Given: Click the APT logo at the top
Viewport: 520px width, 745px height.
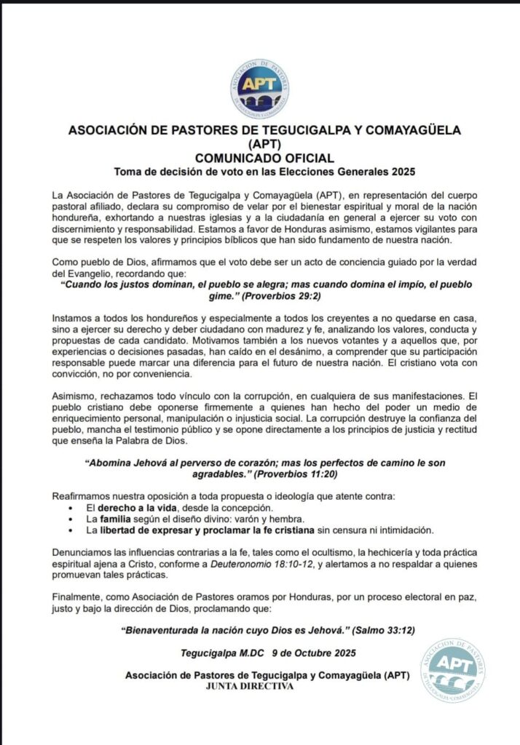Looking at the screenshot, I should coord(260,89).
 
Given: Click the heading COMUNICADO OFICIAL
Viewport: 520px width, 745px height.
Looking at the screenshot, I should coord(259,158).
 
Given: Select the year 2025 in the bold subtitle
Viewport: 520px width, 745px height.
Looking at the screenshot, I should coord(401,172).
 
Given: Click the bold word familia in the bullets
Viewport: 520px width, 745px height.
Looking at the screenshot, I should coord(117,518).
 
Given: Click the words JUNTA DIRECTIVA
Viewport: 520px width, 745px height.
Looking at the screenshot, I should coord(260,686).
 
